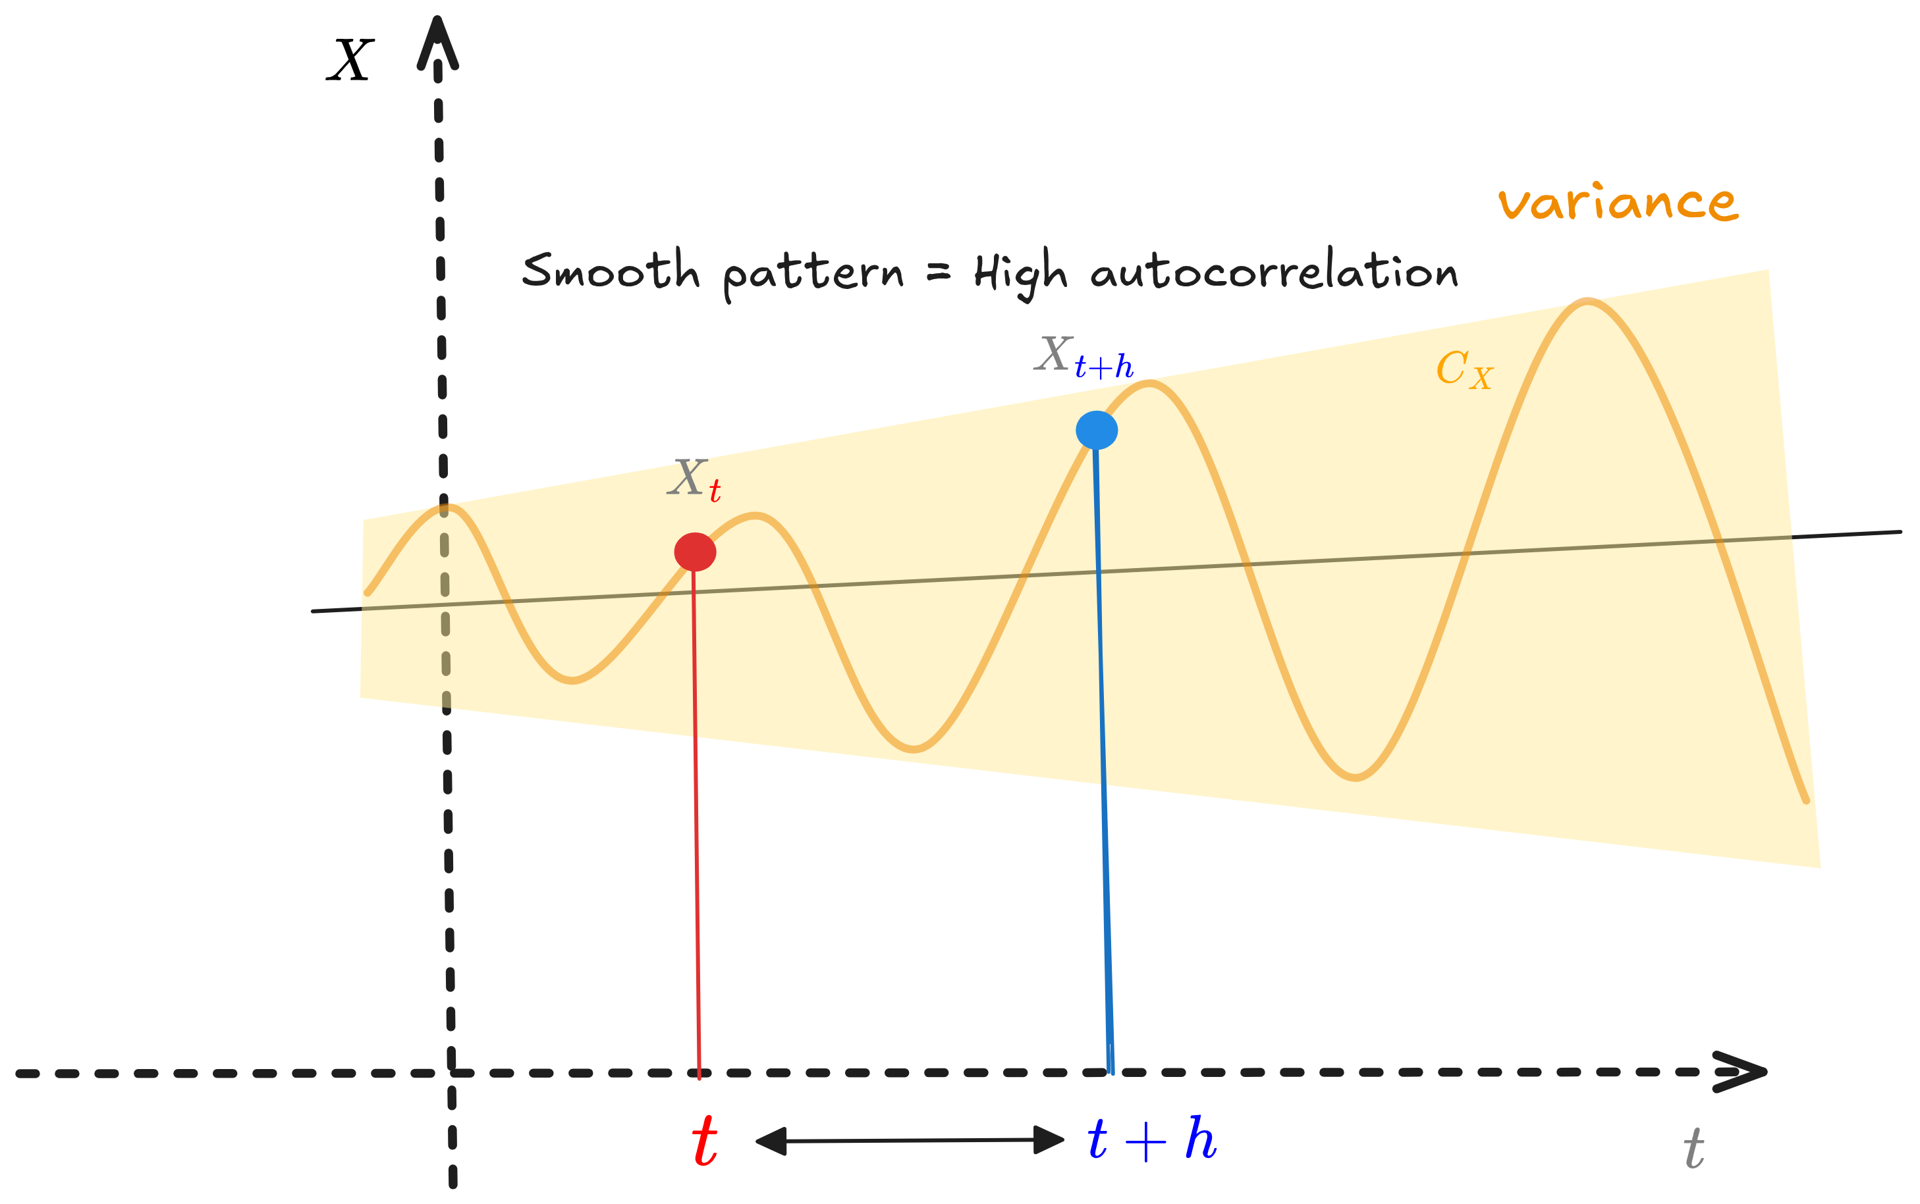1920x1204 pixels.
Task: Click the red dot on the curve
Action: [x=695, y=552]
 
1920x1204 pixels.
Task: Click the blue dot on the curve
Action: [x=1096, y=430]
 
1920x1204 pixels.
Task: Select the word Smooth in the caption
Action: [x=611, y=271]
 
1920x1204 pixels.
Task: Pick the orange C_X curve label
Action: [x=1464, y=370]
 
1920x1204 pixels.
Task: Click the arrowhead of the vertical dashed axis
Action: [x=437, y=44]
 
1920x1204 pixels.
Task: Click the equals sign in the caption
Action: [x=939, y=273]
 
